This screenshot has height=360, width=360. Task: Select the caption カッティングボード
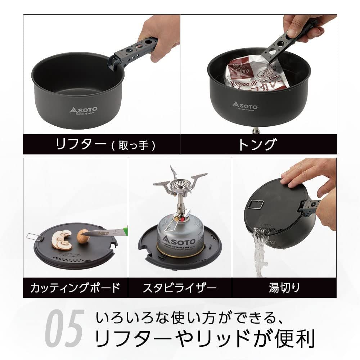pyautogui.click(x=75, y=288)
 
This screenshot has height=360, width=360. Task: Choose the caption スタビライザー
pyautogui.click(x=180, y=288)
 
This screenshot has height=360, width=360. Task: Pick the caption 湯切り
pyautogui.click(x=284, y=288)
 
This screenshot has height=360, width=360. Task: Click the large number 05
pyautogui.click(x=65, y=330)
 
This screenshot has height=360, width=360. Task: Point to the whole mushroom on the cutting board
pyautogui.click(x=82, y=237)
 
